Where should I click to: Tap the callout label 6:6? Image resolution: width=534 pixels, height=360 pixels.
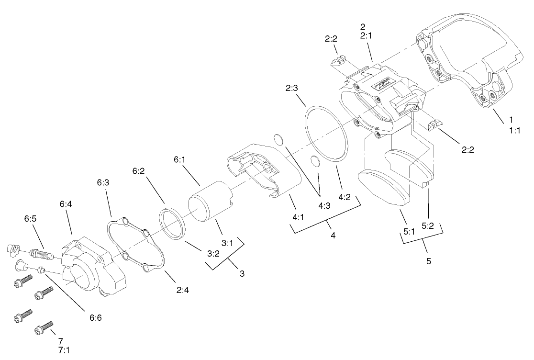[95, 317]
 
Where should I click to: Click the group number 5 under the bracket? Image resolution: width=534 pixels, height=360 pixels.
[428, 261]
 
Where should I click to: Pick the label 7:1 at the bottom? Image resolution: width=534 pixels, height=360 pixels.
[64, 350]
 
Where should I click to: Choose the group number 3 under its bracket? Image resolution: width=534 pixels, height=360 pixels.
[242, 274]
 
